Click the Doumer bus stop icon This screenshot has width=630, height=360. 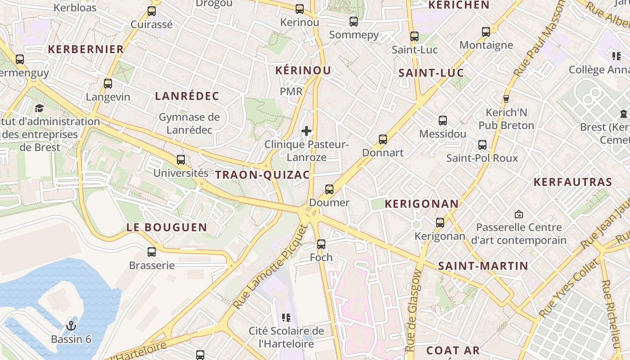pyautogui.click(x=329, y=189)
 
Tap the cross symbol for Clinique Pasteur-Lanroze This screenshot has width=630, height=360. pyautogui.click(x=306, y=131)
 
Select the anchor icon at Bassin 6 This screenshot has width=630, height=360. pyautogui.click(x=71, y=326)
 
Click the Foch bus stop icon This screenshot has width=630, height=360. pyautogui.click(x=321, y=244)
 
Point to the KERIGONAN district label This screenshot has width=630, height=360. pyautogui.click(x=422, y=204)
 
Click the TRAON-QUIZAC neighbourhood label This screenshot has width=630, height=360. pyautogui.click(x=263, y=175)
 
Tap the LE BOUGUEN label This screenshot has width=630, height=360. pyautogui.click(x=166, y=227)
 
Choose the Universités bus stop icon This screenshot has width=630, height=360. pyautogui.click(x=181, y=160)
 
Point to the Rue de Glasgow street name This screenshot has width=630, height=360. pyautogui.click(x=413, y=310)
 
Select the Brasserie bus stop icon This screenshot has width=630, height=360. pyautogui.click(x=152, y=252)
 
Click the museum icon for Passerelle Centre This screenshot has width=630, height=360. pyautogui.click(x=519, y=214)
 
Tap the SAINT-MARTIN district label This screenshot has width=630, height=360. pyautogui.click(x=483, y=266)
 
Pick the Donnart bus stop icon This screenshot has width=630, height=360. pyautogui.click(x=383, y=139)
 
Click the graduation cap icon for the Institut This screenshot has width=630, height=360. pyautogui.click(x=39, y=108)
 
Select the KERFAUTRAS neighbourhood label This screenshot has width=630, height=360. pyautogui.click(x=572, y=182)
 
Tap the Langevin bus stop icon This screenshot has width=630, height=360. pyautogui.click(x=108, y=84)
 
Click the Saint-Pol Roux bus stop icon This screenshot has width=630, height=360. pyautogui.click(x=482, y=145)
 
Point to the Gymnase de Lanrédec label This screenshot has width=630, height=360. pyautogui.click(x=189, y=123)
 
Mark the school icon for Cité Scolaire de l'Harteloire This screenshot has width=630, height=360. pyautogui.click(x=286, y=318)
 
